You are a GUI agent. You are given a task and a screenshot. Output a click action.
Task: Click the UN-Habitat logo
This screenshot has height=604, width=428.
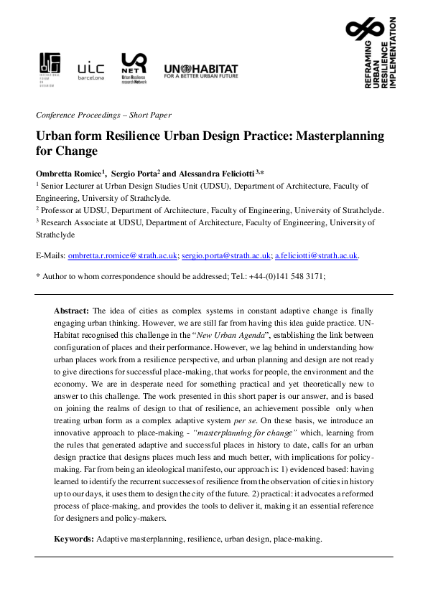(201, 71)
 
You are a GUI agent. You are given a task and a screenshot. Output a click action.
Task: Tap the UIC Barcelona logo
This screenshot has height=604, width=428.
(90, 70)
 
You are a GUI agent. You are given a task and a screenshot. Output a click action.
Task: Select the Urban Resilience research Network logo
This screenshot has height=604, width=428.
(134, 69)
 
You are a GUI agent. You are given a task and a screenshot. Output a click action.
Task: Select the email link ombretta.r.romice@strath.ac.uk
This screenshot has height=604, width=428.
(122, 255)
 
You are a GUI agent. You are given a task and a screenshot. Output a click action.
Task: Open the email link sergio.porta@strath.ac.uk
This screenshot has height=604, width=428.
(226, 255)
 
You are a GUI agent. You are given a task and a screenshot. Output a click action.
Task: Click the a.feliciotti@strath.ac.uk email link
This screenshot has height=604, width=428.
(317, 255)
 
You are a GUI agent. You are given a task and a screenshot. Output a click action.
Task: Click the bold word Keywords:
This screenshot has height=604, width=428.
(75, 538)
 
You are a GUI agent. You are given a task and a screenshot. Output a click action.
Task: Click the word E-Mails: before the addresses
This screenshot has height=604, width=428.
(50, 255)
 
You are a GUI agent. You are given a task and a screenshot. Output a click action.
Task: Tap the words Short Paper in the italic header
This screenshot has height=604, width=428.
(151, 115)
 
